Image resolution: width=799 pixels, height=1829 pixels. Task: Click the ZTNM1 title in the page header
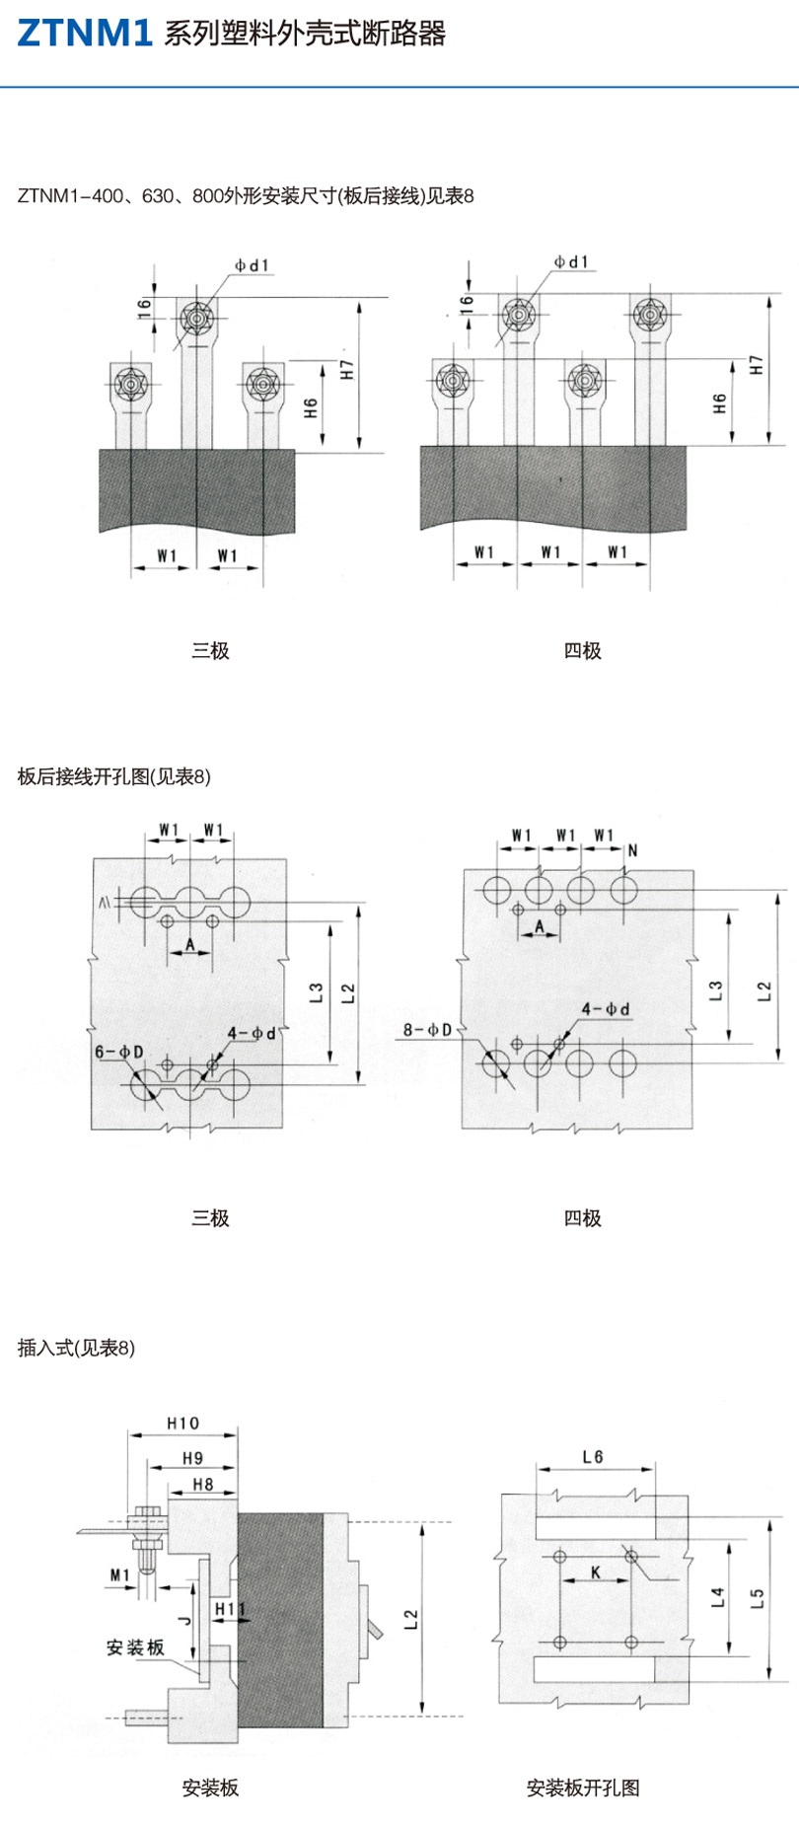pyautogui.click(x=85, y=34)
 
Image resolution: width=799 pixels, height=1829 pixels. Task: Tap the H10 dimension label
pyautogui.click(x=182, y=1424)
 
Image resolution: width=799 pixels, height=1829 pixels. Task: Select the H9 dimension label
pyautogui.click(x=192, y=1458)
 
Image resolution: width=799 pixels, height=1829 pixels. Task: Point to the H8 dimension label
pyautogui.click(x=202, y=1485)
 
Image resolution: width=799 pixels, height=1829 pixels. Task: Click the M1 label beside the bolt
pyautogui.click(x=119, y=1575)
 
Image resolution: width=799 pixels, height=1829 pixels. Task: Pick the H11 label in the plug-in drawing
pyautogui.click(x=229, y=1610)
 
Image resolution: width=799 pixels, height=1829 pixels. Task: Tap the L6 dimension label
pyautogui.click(x=593, y=1457)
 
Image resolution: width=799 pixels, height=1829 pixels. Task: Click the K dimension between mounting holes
pyautogui.click(x=595, y=1573)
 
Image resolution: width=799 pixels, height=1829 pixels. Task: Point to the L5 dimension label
pyautogui.click(x=757, y=1598)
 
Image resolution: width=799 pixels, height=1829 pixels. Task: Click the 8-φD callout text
pyautogui.click(x=427, y=1031)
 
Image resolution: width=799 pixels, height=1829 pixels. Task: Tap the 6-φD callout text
pyautogui.click(x=119, y=1052)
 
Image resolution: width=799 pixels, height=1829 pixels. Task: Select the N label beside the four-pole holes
pyautogui.click(x=632, y=850)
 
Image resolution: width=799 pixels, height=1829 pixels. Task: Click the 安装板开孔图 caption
pyautogui.click(x=583, y=1788)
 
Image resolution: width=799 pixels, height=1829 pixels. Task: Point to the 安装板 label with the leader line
pyautogui.click(x=135, y=1647)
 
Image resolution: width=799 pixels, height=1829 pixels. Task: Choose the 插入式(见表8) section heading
pyautogui.click(x=76, y=1348)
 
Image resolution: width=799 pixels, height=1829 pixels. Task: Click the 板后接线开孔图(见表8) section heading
pyautogui.click(x=114, y=776)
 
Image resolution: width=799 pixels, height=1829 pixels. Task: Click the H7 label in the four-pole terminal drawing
pyautogui.click(x=757, y=365)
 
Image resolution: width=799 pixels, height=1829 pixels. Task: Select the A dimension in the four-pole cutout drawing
pyautogui.click(x=540, y=926)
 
